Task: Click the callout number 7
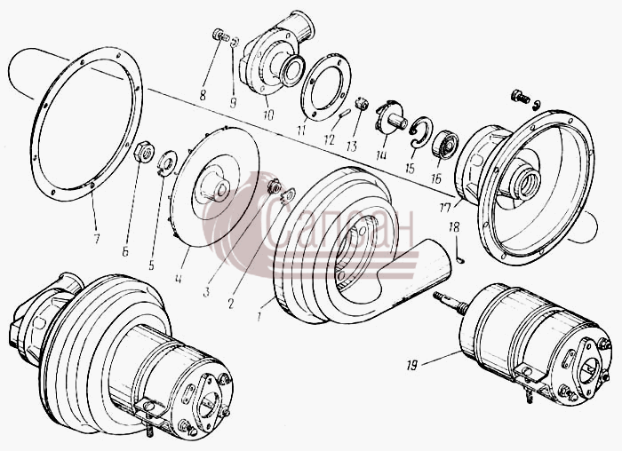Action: click(x=96, y=239)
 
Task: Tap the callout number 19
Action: click(x=412, y=365)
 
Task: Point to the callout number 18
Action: click(x=454, y=227)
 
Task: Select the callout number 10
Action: click(x=268, y=115)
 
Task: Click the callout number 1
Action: click(x=259, y=317)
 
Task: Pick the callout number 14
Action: click(x=381, y=154)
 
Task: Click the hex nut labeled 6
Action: click(x=144, y=152)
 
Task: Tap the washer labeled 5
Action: click(x=166, y=162)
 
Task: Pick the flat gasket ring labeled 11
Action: click(x=326, y=86)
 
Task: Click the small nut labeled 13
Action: click(x=362, y=104)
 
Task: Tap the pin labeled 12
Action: click(x=345, y=114)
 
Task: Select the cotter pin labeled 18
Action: click(x=459, y=254)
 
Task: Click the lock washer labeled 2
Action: click(x=289, y=195)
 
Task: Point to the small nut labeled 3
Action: click(x=274, y=186)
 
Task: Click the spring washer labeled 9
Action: click(x=235, y=42)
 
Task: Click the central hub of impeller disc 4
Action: click(x=215, y=186)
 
